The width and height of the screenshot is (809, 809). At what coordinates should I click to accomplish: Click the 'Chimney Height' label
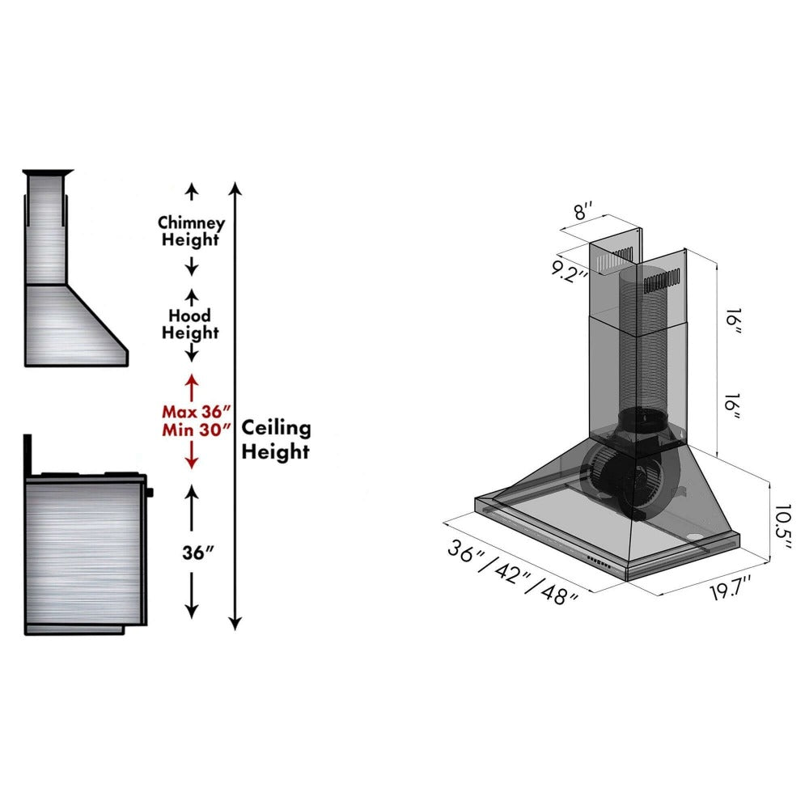pos(191,231)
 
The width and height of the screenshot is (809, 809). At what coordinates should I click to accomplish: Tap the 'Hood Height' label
pos(190,324)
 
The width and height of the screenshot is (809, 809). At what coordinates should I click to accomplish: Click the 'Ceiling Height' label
pos(276,439)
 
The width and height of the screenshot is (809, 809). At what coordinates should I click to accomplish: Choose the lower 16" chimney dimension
pos(733,402)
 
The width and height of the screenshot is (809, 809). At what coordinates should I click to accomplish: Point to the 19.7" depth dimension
pos(731,589)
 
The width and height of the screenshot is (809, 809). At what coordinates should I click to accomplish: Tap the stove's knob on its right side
pos(150,491)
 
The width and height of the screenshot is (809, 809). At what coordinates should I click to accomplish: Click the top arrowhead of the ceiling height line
pos(235,188)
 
